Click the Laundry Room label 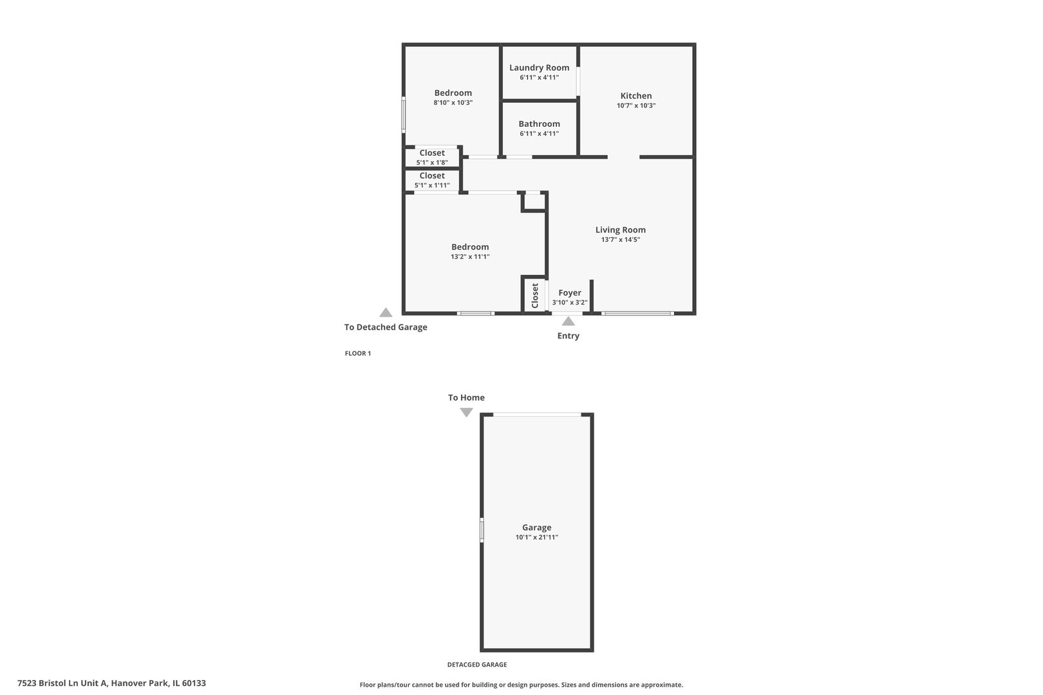pyautogui.click(x=539, y=68)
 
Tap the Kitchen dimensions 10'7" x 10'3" pyautogui.click(x=635, y=106)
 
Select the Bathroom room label pyautogui.click(x=539, y=124)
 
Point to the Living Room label pyautogui.click(x=620, y=230)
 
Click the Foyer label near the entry pyautogui.click(x=569, y=293)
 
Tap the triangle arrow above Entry pyautogui.click(x=568, y=321)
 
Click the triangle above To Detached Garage pyautogui.click(x=386, y=313)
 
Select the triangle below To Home pyautogui.click(x=466, y=412)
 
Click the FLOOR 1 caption pyautogui.click(x=358, y=353)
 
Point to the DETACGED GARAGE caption pyautogui.click(x=476, y=665)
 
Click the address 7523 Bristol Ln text pyautogui.click(x=111, y=683)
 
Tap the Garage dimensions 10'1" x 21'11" pyautogui.click(x=536, y=537)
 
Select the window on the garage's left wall pyautogui.click(x=482, y=531)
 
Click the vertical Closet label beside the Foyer pyautogui.click(x=534, y=295)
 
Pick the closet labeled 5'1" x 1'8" pyautogui.click(x=431, y=158)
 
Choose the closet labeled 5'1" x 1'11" pyautogui.click(x=431, y=180)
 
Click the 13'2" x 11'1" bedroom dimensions pyautogui.click(x=470, y=257)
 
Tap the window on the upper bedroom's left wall pyautogui.click(x=404, y=115)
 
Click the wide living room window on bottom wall pyautogui.click(x=637, y=313)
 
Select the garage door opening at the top pyautogui.click(x=536, y=414)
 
